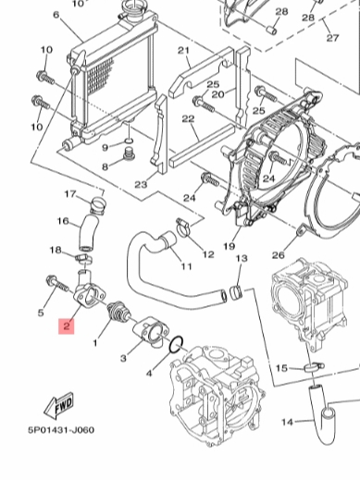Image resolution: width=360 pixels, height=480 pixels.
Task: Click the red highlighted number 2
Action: click(67, 326)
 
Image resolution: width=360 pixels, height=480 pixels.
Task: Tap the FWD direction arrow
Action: click(59, 406)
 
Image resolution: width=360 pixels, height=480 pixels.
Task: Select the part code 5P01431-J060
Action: click(61, 430)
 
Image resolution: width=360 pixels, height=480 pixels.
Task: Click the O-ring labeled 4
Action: click(176, 345)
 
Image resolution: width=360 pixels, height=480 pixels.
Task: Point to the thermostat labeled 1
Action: click(118, 312)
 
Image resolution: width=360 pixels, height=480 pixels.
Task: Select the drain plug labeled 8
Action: click(129, 155)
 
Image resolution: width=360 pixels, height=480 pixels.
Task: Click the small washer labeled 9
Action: click(129, 141)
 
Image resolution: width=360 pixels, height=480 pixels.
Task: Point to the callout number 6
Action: click(56, 15)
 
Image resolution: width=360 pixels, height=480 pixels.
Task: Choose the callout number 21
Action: click(184, 51)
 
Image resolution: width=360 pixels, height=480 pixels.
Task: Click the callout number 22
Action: click(188, 118)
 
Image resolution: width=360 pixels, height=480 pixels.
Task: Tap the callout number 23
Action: click(141, 185)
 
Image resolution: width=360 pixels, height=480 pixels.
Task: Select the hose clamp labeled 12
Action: click(184, 228)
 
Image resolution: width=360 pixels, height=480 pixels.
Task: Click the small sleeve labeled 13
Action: click(236, 293)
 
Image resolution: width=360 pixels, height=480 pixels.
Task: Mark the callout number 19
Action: click(230, 246)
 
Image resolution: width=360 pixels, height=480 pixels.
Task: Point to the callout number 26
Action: click(278, 255)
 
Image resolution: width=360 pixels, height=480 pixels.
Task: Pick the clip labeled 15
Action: click(313, 366)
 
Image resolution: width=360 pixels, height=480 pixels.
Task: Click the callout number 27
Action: click(332, 38)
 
